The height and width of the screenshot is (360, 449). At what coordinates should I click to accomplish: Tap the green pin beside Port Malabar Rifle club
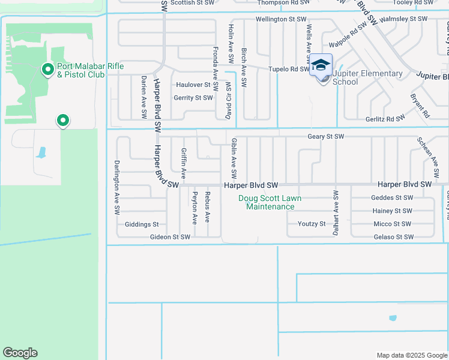[x=47, y=70]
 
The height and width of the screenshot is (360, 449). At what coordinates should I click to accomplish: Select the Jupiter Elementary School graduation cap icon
[x=321, y=65]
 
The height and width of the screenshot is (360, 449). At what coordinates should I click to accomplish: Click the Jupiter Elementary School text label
[x=367, y=78]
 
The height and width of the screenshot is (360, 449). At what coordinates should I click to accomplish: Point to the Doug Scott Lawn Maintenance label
[x=270, y=202]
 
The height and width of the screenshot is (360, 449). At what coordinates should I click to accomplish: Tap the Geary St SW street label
[x=326, y=137]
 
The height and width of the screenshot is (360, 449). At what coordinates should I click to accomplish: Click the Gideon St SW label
[x=170, y=237]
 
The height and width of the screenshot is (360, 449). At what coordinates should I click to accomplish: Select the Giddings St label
[x=142, y=224]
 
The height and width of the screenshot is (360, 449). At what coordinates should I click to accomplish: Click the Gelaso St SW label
[x=393, y=237]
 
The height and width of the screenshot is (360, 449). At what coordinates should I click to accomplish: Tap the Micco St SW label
[x=393, y=224]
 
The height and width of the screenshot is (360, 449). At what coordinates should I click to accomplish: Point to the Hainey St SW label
[x=392, y=211]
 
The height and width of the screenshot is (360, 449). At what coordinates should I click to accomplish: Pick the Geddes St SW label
[x=392, y=197]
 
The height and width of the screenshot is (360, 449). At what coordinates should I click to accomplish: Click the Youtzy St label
[x=312, y=224]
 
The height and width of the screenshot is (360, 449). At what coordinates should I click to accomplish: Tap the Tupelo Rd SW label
[x=288, y=69]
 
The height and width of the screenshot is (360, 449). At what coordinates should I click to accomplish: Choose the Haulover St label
[x=193, y=85]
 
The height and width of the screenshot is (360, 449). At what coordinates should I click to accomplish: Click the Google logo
[x=20, y=353]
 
